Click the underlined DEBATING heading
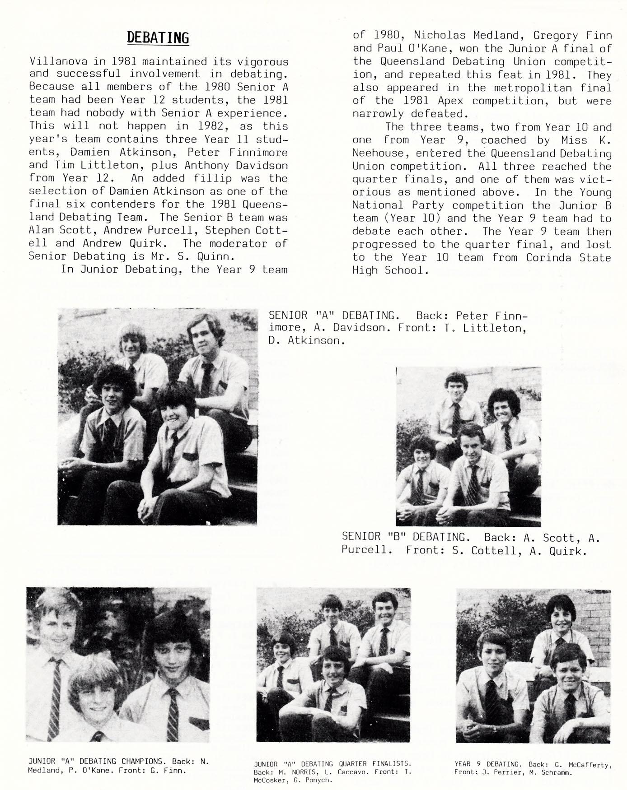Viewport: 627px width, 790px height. [158, 38]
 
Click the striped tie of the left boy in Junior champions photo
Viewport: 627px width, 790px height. [55, 695]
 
